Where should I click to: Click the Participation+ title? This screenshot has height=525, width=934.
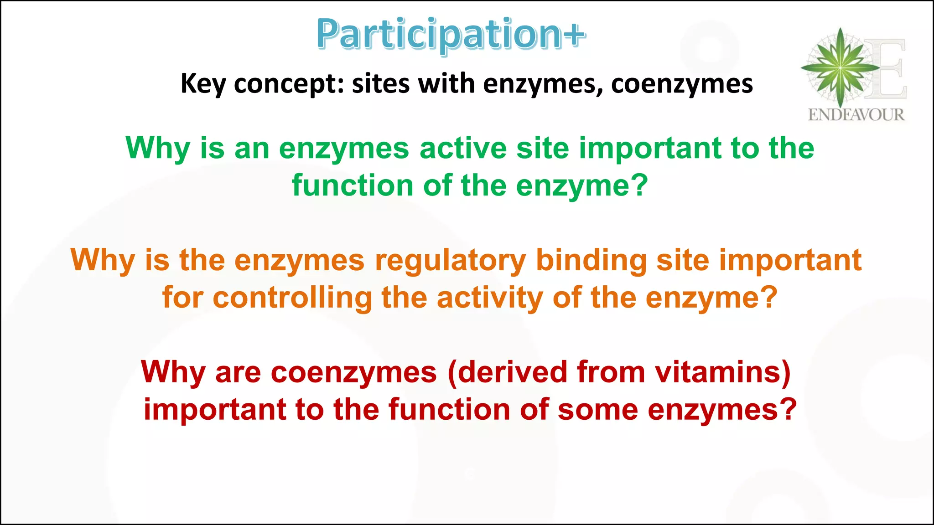(451, 35)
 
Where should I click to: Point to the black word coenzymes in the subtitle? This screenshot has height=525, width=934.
(682, 84)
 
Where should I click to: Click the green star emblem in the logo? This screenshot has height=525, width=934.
(840, 67)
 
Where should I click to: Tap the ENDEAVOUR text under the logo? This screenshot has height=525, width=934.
(856, 115)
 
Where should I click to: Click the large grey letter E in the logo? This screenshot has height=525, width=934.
(887, 68)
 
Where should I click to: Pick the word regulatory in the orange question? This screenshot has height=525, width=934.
(450, 261)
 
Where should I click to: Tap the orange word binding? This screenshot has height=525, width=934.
(591, 261)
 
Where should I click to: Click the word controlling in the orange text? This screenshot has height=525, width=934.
(292, 298)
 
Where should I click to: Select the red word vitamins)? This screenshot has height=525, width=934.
(723, 372)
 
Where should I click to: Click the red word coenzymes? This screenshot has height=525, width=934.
(354, 372)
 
